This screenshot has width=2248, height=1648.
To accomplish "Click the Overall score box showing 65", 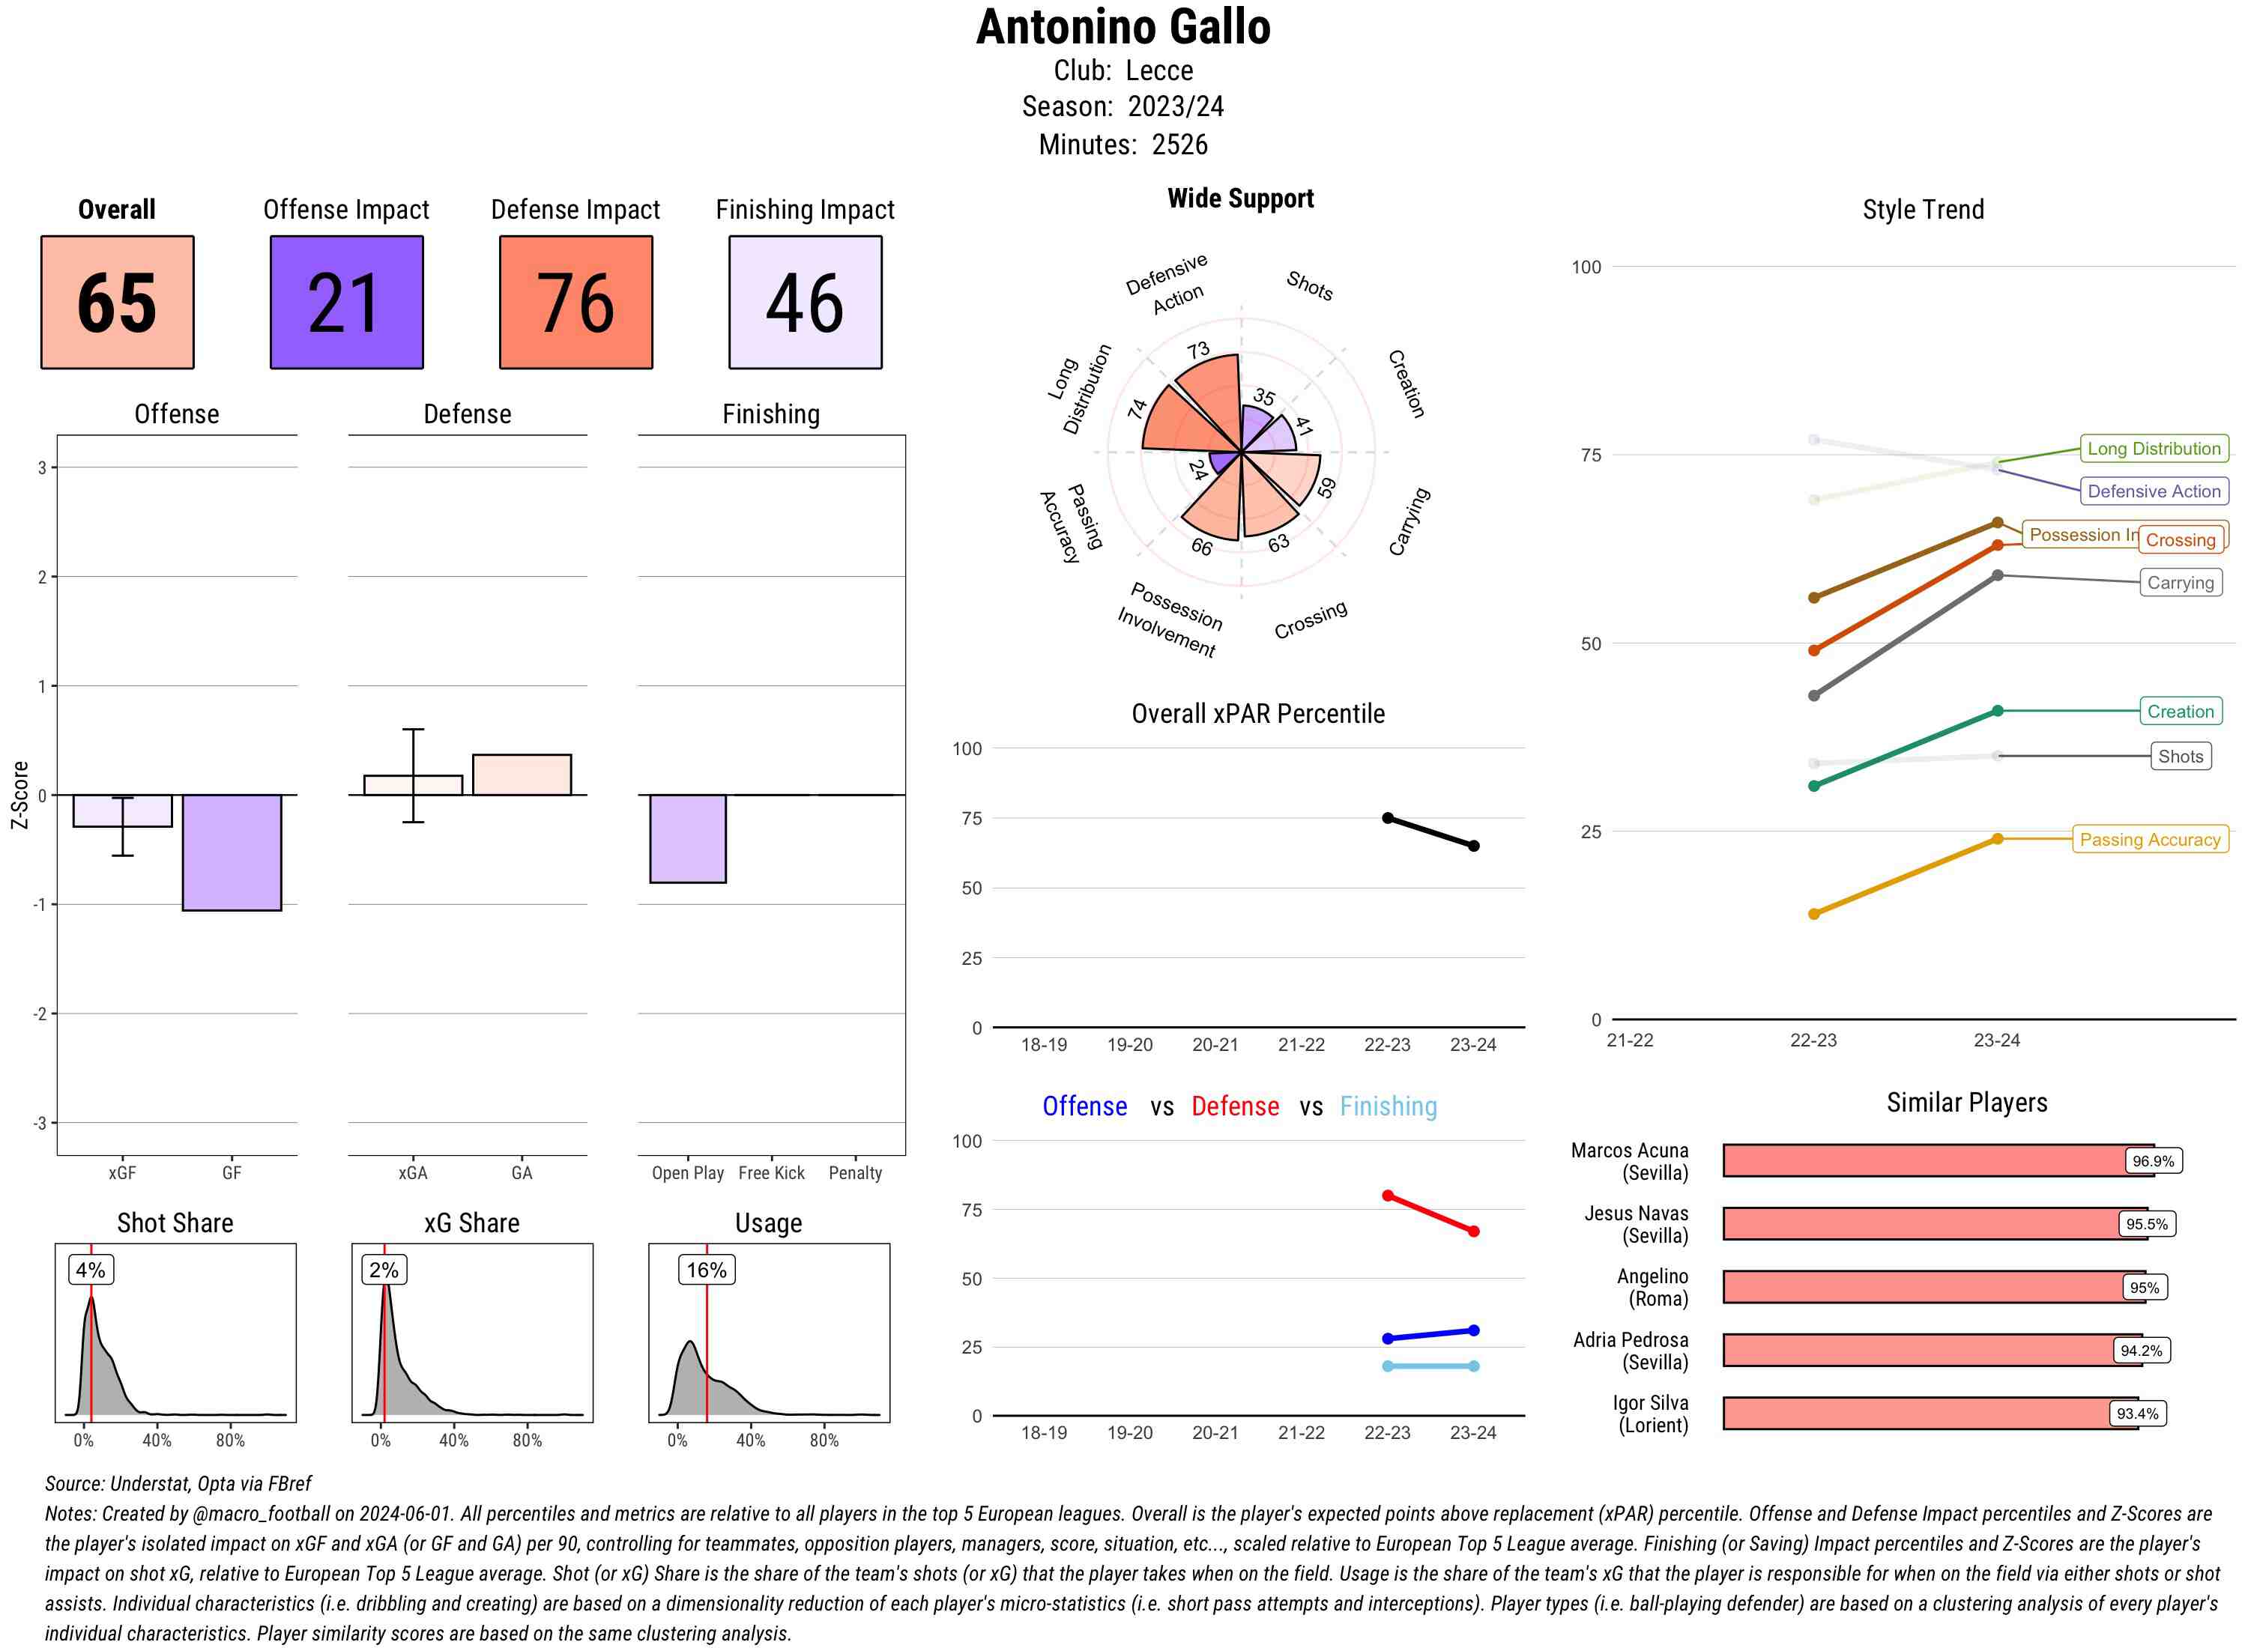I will pyautogui.click(x=117, y=303).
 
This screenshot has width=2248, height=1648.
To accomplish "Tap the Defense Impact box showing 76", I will pyautogui.click(x=575, y=303).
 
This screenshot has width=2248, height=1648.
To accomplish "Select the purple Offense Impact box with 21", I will pyautogui.click(x=346, y=303).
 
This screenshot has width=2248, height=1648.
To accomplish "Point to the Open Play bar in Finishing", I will pyautogui.click(x=687, y=838).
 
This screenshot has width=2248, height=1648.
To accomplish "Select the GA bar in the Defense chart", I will pyautogui.click(x=522, y=775).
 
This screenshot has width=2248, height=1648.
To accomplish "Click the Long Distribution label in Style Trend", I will pyautogui.click(x=2154, y=449).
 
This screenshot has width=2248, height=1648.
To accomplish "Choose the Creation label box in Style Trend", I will pyautogui.click(x=2179, y=712).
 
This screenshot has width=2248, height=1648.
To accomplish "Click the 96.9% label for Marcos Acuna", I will pyautogui.click(x=2152, y=1161).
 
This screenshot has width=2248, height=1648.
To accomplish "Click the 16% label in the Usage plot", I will pyautogui.click(x=707, y=1270).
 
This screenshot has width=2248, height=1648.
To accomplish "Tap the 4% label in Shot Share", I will pyautogui.click(x=91, y=1270).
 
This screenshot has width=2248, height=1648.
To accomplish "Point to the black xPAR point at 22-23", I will pyautogui.click(x=1387, y=818).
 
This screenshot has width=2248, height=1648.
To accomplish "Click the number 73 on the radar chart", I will pyautogui.click(x=1198, y=350).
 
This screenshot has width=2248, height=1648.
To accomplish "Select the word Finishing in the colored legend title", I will pyautogui.click(x=1388, y=1106).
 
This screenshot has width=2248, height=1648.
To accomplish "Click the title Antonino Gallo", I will pyautogui.click(x=1123, y=27).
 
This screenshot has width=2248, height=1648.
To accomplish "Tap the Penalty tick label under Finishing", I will pyautogui.click(x=855, y=1173).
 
